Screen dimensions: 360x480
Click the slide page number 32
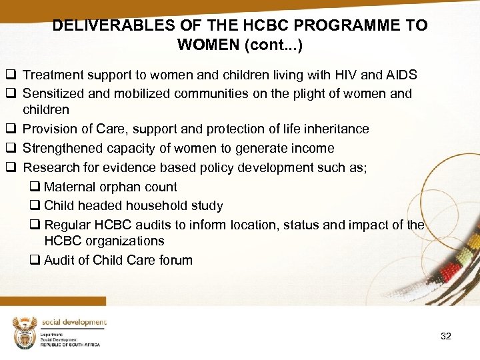(x=446, y=336)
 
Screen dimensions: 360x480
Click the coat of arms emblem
(x=25, y=332)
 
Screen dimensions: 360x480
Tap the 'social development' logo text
(x=73, y=323)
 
